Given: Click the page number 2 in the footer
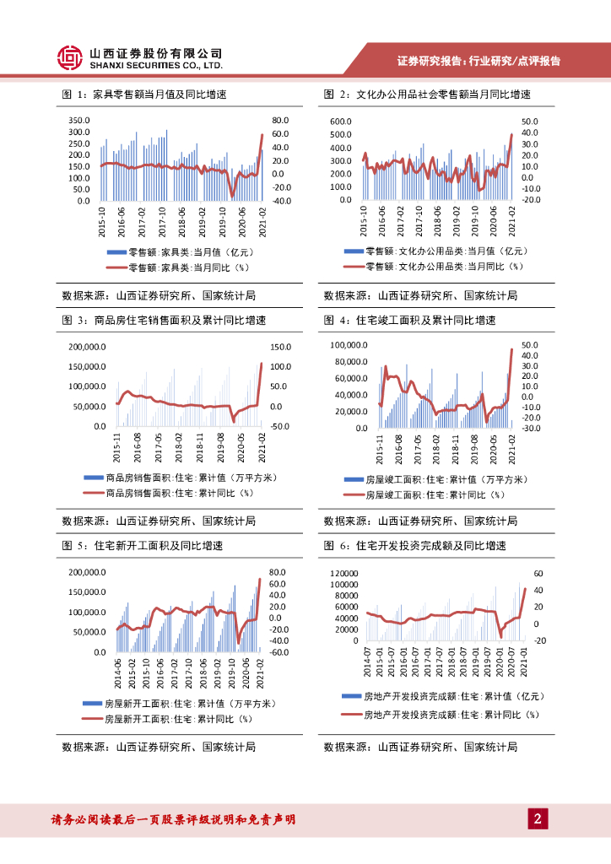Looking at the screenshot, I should (538, 818).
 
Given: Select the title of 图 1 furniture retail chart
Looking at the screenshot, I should (151, 94).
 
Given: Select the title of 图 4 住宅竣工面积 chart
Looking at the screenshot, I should (409, 321).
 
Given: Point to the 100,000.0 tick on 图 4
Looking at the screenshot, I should (349, 345).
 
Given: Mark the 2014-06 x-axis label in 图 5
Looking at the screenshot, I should (117, 672).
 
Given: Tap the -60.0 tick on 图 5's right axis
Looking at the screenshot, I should (279, 652).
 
